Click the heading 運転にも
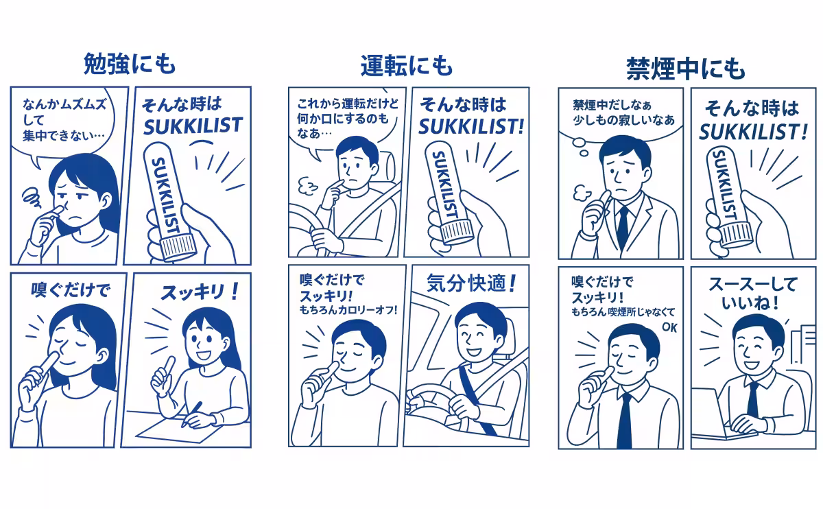pos(407,66)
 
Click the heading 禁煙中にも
pos(685,69)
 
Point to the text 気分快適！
pos(470,283)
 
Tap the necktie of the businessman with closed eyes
pos(625,419)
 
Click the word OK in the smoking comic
pos(669,327)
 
